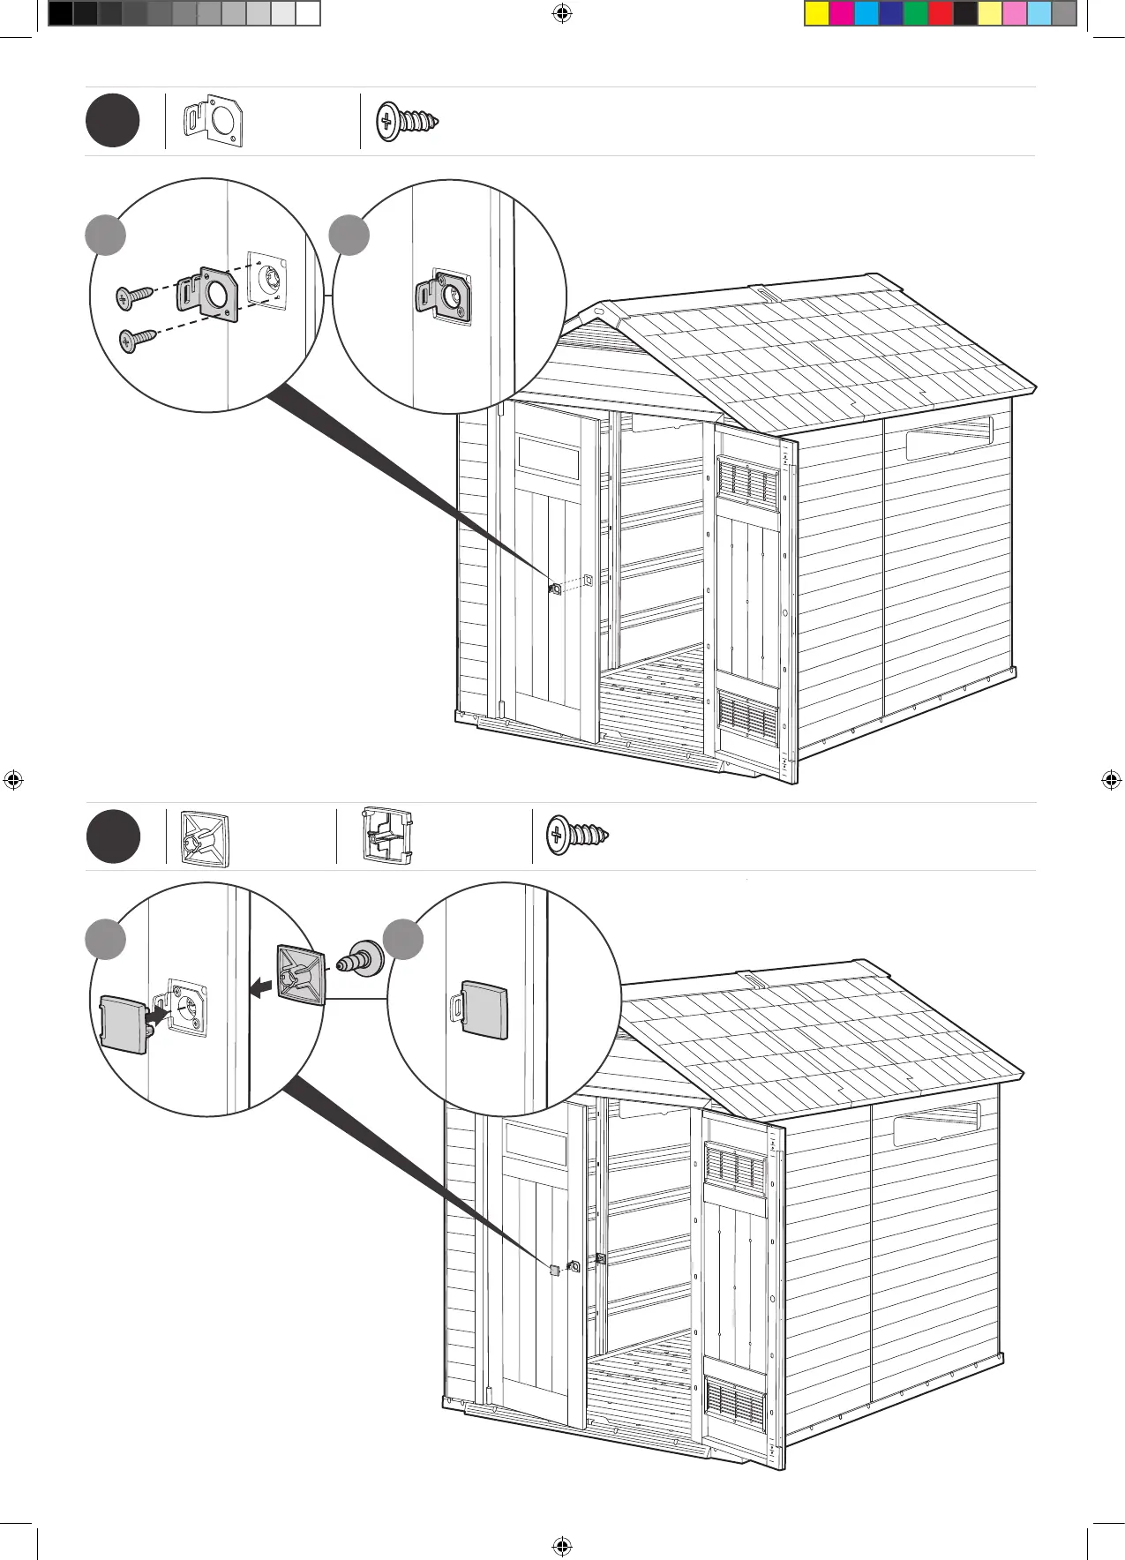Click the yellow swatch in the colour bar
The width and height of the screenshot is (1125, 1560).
point(817,14)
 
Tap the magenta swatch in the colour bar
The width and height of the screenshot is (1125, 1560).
point(842,14)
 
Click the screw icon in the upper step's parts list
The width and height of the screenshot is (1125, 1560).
point(407,121)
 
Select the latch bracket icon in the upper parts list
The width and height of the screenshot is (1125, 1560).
point(213,121)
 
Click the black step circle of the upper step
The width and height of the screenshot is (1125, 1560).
point(112,121)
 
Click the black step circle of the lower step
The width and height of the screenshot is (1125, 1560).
point(113,836)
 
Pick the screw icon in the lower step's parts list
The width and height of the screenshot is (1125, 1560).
point(577,835)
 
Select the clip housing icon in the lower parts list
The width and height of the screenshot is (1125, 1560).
point(387,836)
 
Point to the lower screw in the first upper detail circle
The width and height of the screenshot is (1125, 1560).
point(137,339)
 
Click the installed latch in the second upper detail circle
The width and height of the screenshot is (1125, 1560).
point(444,296)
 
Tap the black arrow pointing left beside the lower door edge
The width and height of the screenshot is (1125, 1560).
point(260,988)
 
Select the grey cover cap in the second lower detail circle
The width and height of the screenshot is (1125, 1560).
point(484,1009)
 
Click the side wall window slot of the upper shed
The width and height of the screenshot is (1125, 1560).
point(949,439)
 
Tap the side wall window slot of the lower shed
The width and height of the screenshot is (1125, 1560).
point(936,1125)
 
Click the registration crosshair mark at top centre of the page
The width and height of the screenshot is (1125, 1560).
point(561,13)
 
